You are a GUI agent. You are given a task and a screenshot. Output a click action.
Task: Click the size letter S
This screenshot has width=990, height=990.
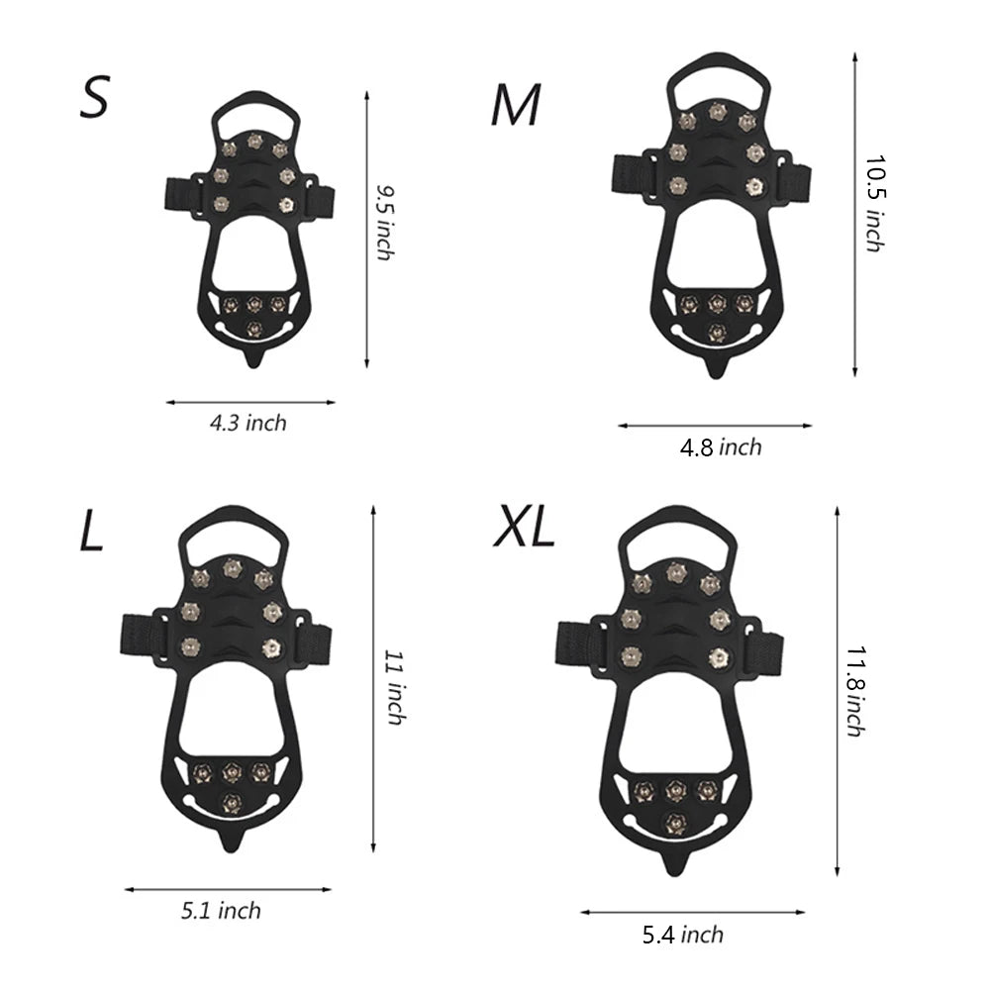[x=94, y=98]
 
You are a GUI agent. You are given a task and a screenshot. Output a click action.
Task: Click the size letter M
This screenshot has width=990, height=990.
[x=517, y=106]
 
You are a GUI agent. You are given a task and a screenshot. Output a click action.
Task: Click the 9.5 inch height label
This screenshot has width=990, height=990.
[x=383, y=222]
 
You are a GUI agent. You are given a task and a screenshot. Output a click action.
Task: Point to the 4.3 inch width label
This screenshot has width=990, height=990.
[x=247, y=424]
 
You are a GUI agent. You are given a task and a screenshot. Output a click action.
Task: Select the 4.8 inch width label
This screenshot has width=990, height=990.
[x=721, y=447]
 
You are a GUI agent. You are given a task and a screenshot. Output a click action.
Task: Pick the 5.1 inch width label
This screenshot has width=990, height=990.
[x=222, y=910]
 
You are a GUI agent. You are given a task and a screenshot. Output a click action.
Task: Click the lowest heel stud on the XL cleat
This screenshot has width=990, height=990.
[x=676, y=819]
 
